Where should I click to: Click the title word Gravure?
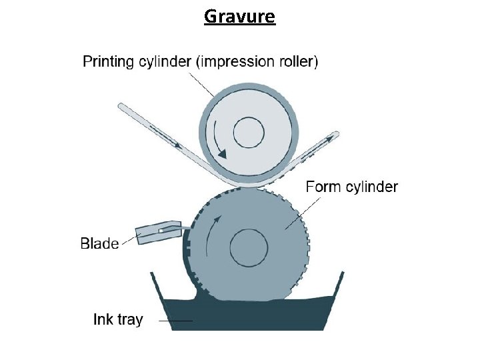[x=239, y=15]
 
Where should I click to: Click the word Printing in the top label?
[x=108, y=62]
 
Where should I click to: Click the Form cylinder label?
[x=351, y=187]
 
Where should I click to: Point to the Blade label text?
[x=99, y=243]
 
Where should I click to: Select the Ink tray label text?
[x=117, y=319]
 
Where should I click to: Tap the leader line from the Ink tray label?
[x=175, y=321]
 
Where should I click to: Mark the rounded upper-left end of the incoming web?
[x=122, y=107]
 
